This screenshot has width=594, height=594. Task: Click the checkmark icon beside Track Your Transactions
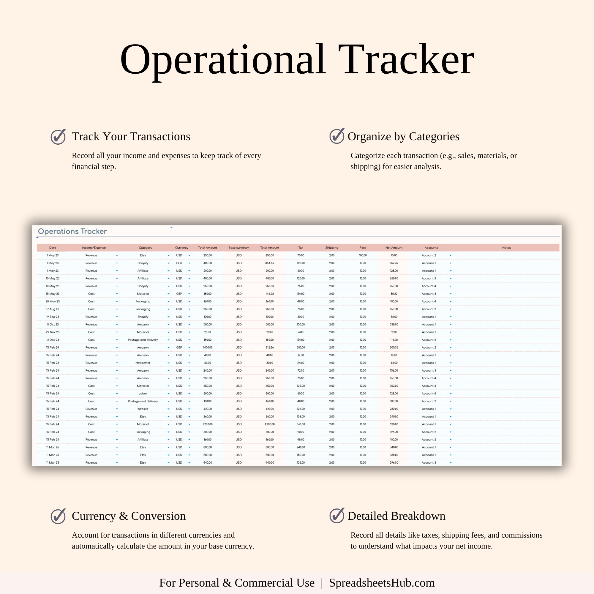click(x=58, y=137)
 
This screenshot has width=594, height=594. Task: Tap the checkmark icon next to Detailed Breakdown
click(x=337, y=516)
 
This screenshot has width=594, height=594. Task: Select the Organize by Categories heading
click(x=403, y=137)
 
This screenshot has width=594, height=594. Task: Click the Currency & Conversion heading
click(x=129, y=516)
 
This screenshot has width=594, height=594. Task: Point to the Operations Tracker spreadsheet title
click(x=72, y=231)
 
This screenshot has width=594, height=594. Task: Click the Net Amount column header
click(x=394, y=247)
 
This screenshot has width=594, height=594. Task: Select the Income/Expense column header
click(x=94, y=247)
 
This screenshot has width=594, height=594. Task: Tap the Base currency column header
click(x=238, y=247)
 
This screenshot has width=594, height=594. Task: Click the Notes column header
click(x=506, y=247)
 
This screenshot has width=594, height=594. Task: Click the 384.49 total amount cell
click(x=270, y=263)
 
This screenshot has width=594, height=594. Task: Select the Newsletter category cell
click(x=143, y=363)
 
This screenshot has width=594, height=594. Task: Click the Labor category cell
click(x=143, y=394)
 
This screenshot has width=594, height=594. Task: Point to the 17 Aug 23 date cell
click(x=53, y=309)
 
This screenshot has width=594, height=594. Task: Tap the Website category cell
click(x=143, y=409)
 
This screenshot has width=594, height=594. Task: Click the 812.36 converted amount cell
click(x=270, y=347)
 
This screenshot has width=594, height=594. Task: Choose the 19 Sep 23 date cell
click(x=53, y=317)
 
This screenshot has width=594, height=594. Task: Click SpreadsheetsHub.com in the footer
click(x=382, y=583)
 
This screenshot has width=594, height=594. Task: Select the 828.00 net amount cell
click(x=394, y=424)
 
